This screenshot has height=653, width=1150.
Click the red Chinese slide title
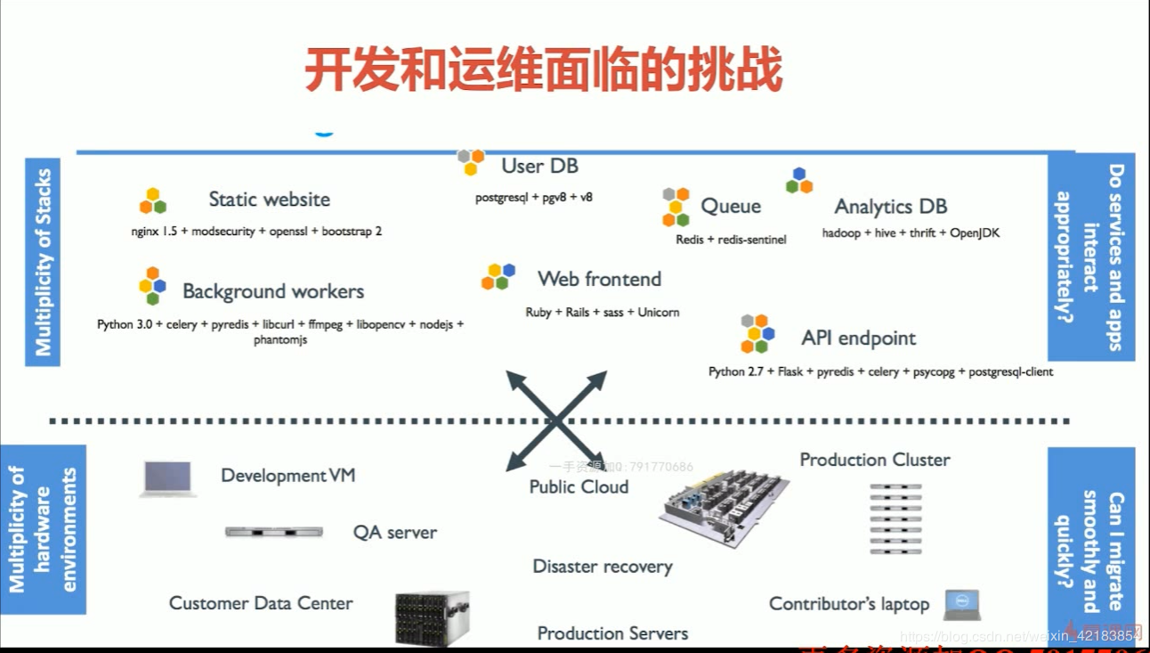click(543, 69)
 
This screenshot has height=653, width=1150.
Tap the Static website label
click(269, 200)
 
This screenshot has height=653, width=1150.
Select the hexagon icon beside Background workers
click(152, 286)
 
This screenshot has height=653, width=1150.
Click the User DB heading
click(539, 167)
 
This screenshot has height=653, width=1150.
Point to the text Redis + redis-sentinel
click(731, 240)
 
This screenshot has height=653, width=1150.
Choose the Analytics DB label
click(890, 207)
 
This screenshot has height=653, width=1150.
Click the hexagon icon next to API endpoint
click(757, 334)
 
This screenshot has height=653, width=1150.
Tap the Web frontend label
click(599, 279)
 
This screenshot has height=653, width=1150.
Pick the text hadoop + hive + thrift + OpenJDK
click(911, 233)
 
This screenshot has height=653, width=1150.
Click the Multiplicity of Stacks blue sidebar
click(43, 263)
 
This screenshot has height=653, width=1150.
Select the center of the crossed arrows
click(557, 420)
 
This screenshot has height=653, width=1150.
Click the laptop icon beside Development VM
click(167, 478)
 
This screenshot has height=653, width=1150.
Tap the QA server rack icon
click(273, 532)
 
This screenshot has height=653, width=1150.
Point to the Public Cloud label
click(579, 487)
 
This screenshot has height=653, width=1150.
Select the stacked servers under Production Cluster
click(895, 519)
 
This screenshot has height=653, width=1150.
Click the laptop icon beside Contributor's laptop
click(961, 605)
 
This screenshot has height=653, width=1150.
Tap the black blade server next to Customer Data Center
click(432, 617)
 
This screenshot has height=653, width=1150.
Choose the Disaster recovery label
click(603, 567)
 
